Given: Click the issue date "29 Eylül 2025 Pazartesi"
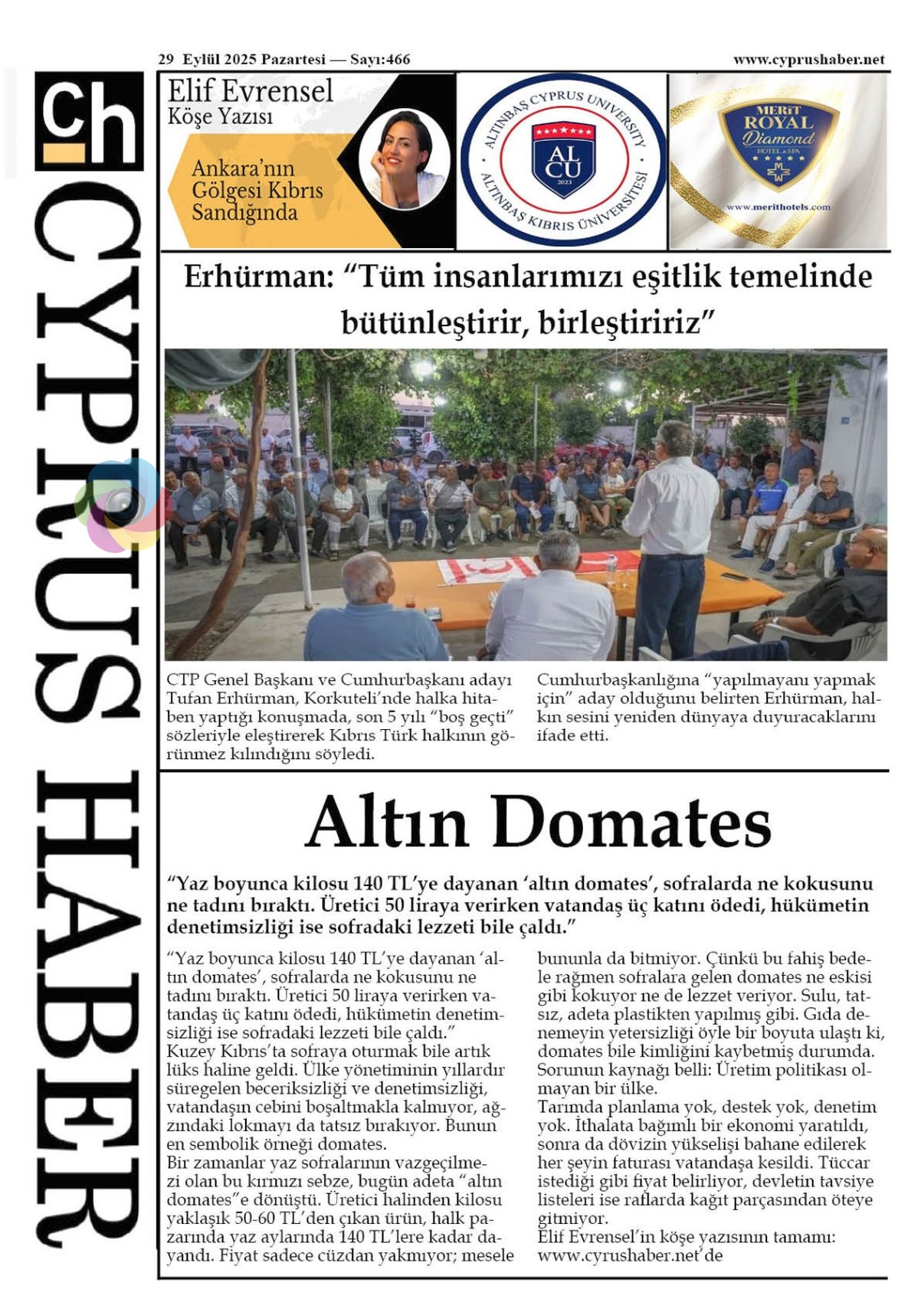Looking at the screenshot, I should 241,60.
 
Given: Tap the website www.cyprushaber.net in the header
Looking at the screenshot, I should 808,60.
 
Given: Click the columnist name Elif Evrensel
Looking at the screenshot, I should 251,91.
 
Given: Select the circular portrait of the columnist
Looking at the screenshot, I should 403,159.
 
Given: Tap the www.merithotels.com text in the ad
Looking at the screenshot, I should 778,207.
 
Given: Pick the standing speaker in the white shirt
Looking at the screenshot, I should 673,521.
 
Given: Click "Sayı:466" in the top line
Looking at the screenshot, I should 381,60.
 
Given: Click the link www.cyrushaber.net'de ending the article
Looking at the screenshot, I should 630,1255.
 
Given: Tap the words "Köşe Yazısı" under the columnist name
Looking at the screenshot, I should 220,117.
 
